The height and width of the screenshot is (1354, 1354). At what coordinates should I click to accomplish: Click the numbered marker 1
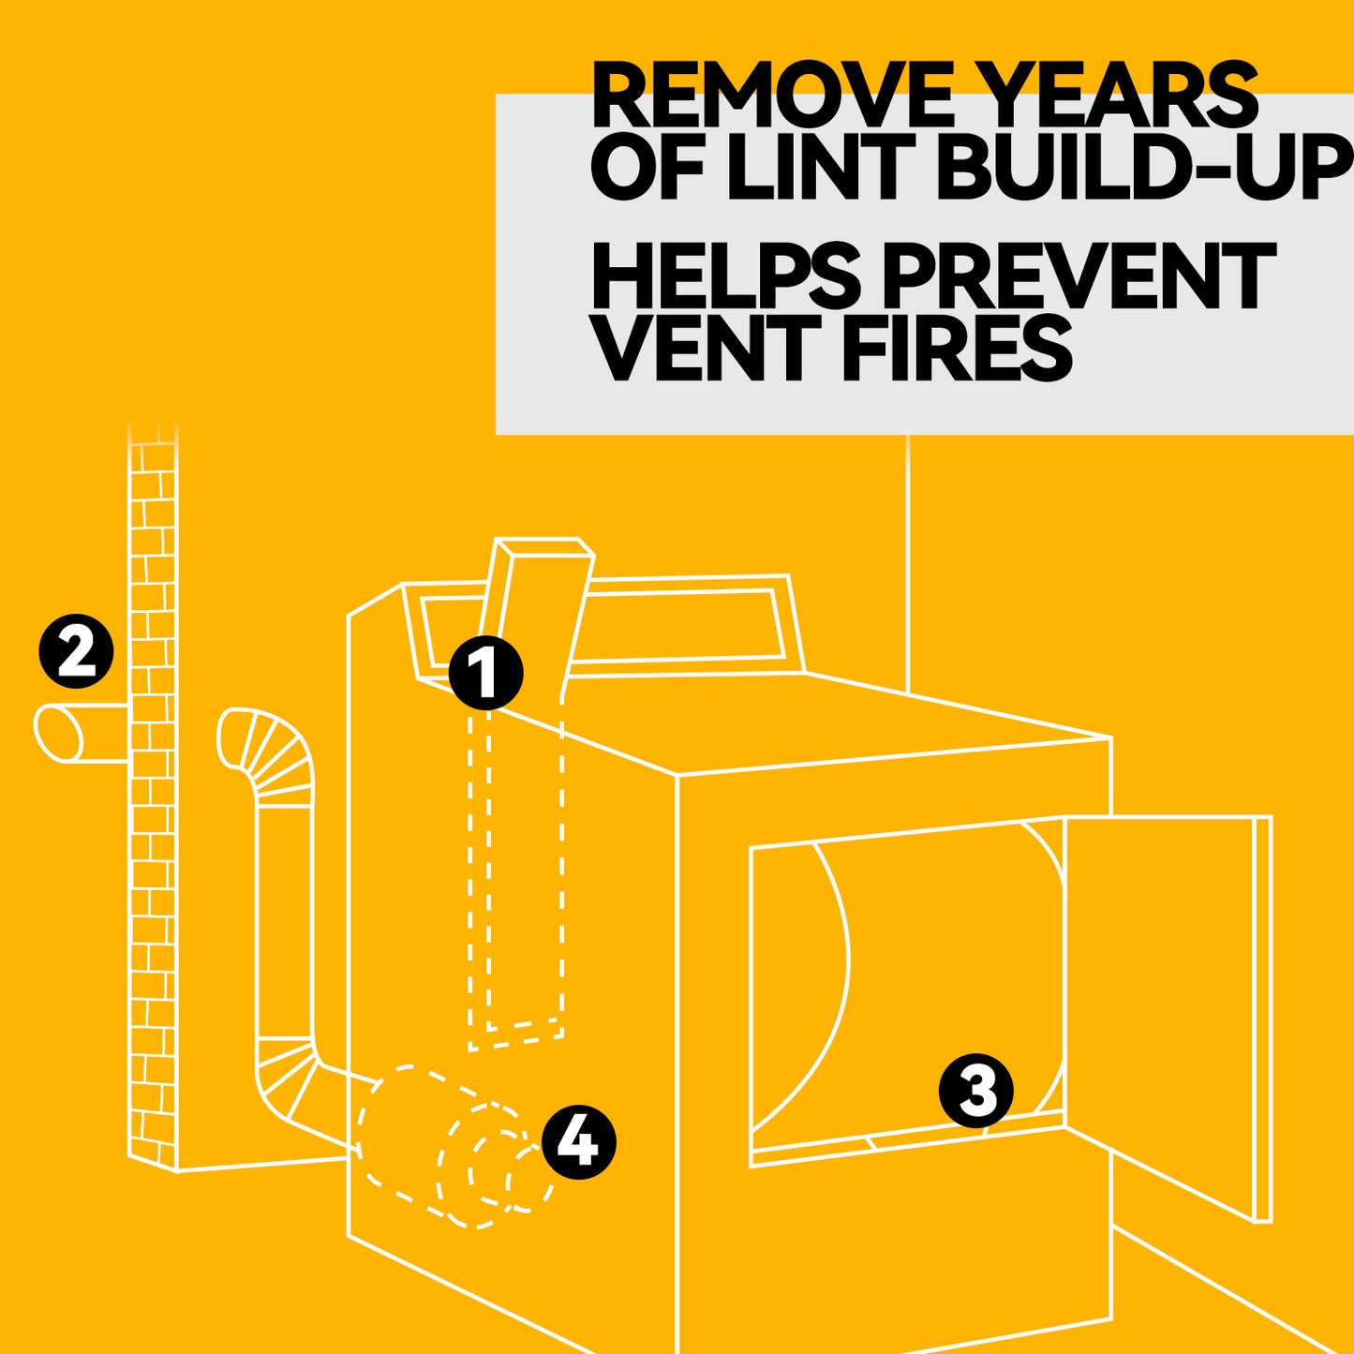coord(486,673)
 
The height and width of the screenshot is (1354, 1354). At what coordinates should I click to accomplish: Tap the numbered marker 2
coord(76,651)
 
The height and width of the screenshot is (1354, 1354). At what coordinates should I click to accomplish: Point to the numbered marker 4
coord(578,1142)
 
